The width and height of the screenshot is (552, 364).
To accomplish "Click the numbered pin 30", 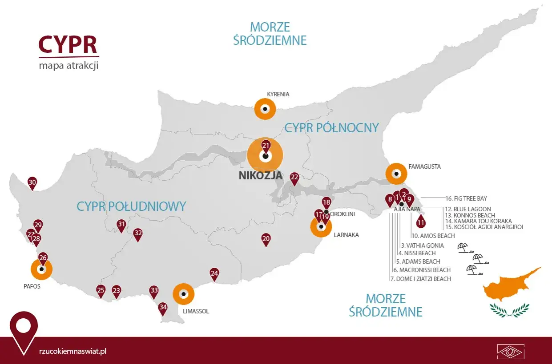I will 32,182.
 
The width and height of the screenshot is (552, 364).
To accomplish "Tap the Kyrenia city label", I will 278,94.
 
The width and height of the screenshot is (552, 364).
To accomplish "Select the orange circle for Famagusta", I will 396,174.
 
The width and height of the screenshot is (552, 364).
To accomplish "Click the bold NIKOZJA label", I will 260,175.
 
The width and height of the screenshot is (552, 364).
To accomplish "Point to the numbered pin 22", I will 294,178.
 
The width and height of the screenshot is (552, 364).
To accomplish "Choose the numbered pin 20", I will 266,239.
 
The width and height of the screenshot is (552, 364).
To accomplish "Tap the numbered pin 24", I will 214,274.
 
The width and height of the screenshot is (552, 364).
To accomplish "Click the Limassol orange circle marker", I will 183,294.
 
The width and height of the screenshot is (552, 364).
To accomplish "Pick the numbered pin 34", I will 163,308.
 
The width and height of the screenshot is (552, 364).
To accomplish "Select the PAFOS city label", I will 32,286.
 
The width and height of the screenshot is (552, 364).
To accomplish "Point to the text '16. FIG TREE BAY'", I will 466,198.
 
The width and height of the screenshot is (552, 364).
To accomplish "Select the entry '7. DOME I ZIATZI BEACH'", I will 420,279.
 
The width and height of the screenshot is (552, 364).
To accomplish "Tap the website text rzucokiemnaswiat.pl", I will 73,351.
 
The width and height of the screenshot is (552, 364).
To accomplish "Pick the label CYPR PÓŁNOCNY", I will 331,128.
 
